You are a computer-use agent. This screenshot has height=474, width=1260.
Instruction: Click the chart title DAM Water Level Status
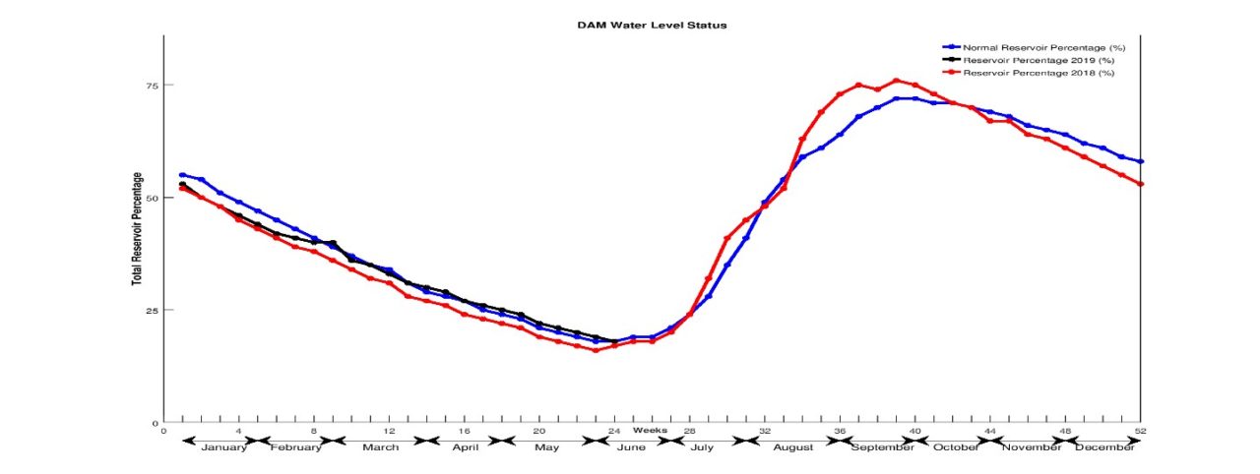click(651, 25)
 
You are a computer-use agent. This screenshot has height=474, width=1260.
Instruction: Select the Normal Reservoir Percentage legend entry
click(1043, 47)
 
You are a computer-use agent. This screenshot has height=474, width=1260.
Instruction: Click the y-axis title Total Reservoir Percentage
click(137, 229)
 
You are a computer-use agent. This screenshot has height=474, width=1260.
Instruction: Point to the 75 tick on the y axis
click(152, 85)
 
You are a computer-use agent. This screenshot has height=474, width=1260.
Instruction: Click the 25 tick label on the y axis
click(152, 311)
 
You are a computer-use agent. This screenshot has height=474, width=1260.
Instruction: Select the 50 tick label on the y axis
click(152, 198)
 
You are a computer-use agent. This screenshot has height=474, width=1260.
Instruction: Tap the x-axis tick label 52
click(1141, 431)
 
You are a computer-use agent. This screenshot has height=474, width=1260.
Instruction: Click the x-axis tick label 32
click(765, 431)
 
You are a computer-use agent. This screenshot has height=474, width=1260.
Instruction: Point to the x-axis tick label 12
click(389, 431)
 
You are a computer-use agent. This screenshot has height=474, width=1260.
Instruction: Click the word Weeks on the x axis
click(650, 430)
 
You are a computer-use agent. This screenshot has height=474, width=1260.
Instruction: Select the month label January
click(224, 447)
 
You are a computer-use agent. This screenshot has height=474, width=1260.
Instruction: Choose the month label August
click(793, 447)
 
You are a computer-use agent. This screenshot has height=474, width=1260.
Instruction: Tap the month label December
click(1102, 447)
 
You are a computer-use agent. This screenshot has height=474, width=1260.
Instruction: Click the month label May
click(547, 447)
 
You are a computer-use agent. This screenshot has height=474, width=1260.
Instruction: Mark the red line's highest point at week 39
click(896, 81)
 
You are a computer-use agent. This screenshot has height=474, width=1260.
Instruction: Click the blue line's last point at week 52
click(1140, 161)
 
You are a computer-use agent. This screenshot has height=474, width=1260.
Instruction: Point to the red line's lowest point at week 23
click(595, 350)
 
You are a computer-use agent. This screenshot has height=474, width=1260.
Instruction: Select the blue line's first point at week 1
click(182, 175)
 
